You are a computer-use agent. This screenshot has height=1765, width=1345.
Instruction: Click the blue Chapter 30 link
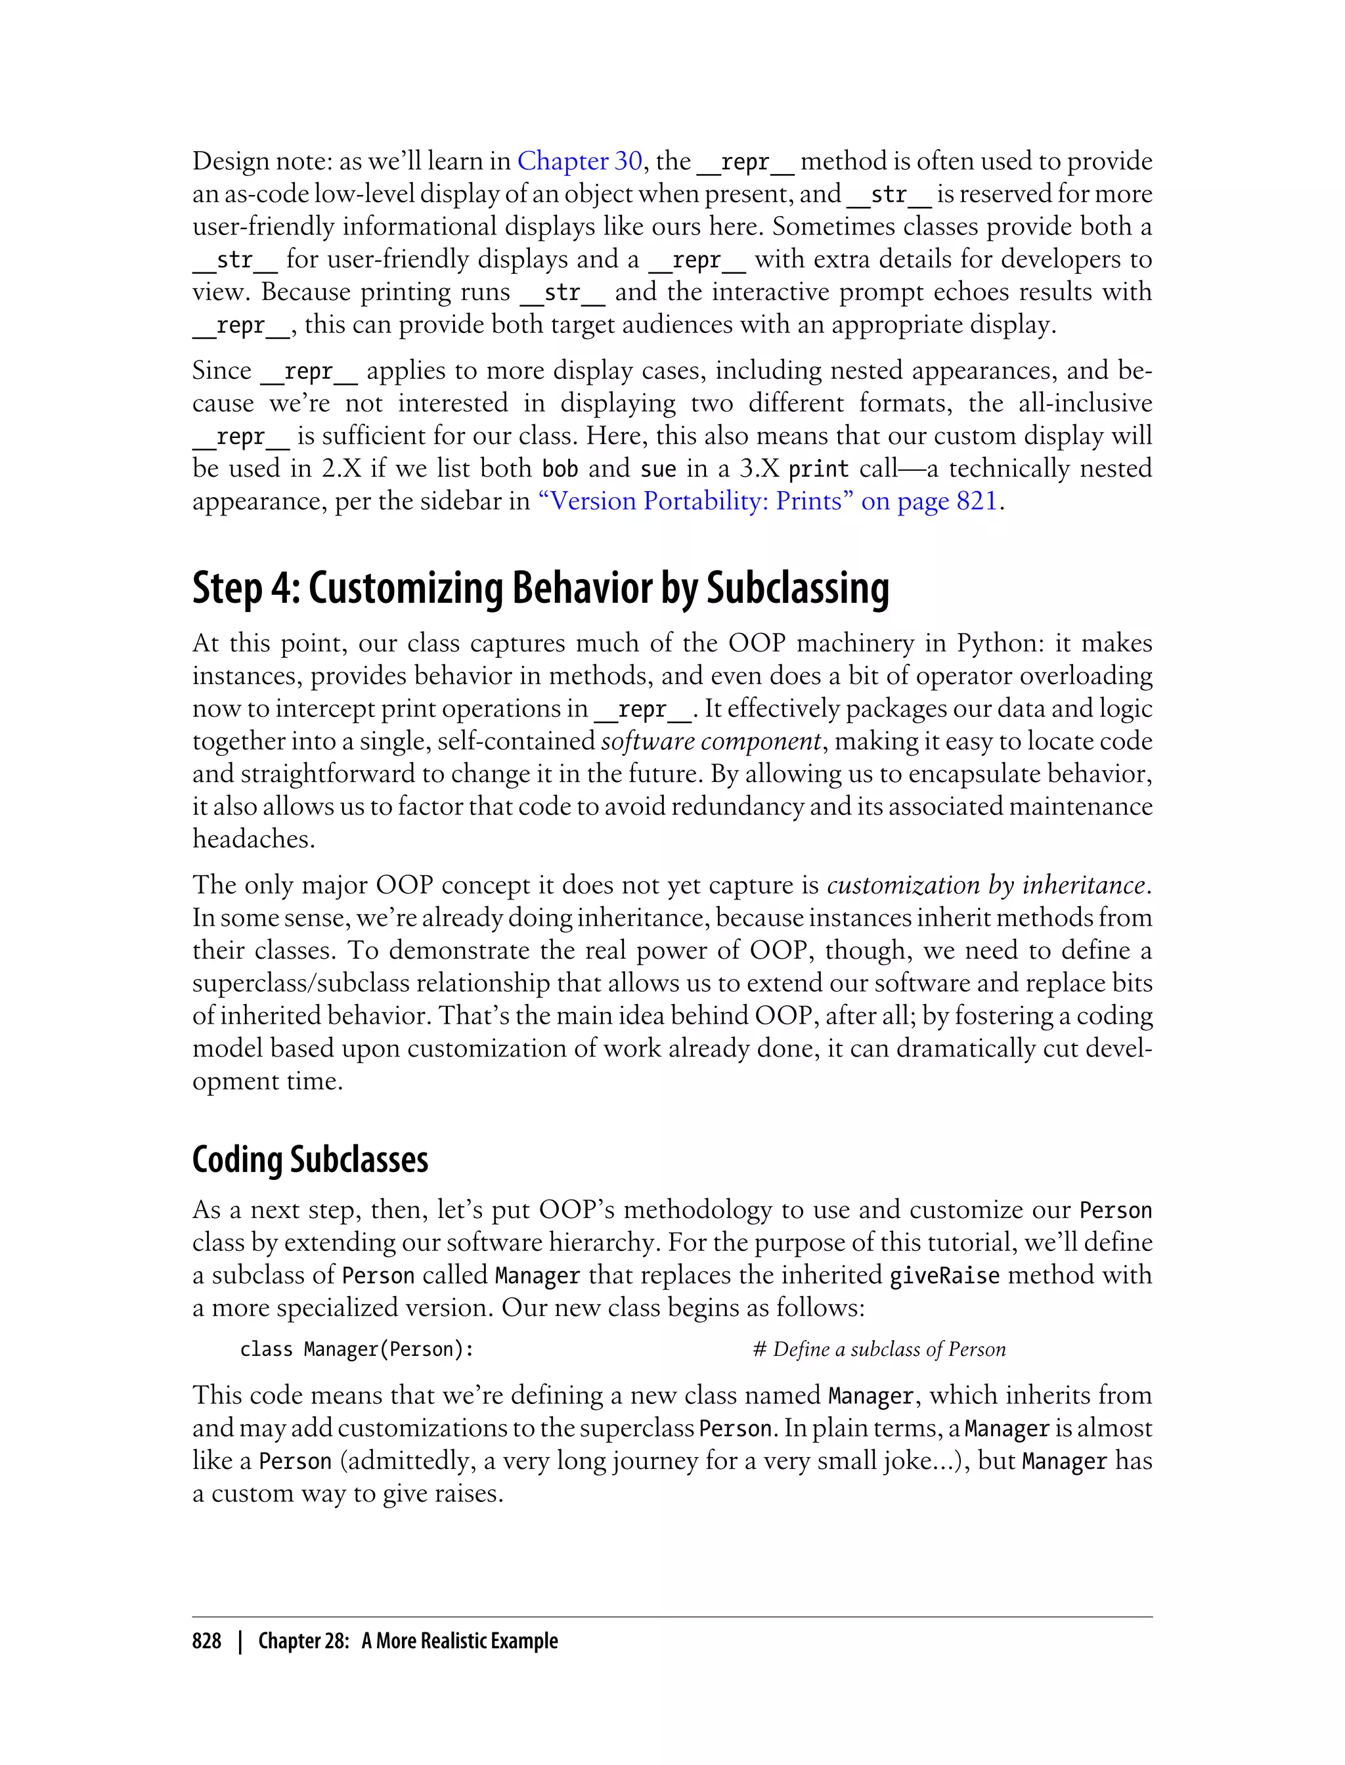(580, 162)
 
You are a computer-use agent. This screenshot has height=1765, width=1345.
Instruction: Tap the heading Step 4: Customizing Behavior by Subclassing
(540, 588)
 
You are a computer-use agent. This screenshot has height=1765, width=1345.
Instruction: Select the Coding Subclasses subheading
(310, 1160)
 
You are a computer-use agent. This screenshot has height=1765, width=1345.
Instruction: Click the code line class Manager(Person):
(357, 1349)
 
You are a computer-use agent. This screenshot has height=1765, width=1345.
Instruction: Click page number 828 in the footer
(207, 1641)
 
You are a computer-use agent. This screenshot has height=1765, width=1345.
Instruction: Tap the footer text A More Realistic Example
(460, 1641)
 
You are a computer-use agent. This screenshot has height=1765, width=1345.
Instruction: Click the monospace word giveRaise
(944, 1275)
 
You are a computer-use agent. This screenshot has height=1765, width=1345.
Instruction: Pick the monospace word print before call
(818, 469)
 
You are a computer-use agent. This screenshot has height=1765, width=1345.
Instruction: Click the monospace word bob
(560, 469)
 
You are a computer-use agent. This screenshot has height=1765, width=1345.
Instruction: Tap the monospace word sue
(658, 469)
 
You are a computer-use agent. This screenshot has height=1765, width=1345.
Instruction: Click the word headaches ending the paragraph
(253, 839)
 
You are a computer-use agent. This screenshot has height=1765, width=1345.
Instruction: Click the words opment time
(267, 1081)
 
